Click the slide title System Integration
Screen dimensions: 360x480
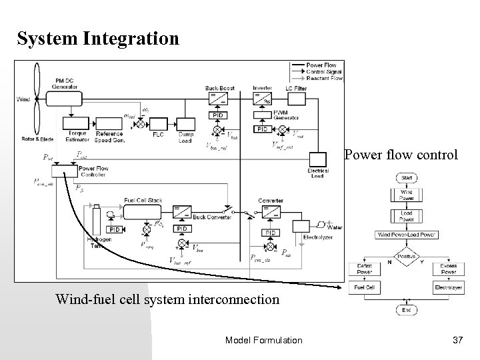click(98, 39)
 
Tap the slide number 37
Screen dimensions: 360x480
click(457, 341)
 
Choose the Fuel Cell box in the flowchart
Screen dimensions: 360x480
click(364, 287)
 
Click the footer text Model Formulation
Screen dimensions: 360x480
click(263, 341)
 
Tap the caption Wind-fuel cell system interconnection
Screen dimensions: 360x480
click(168, 299)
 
